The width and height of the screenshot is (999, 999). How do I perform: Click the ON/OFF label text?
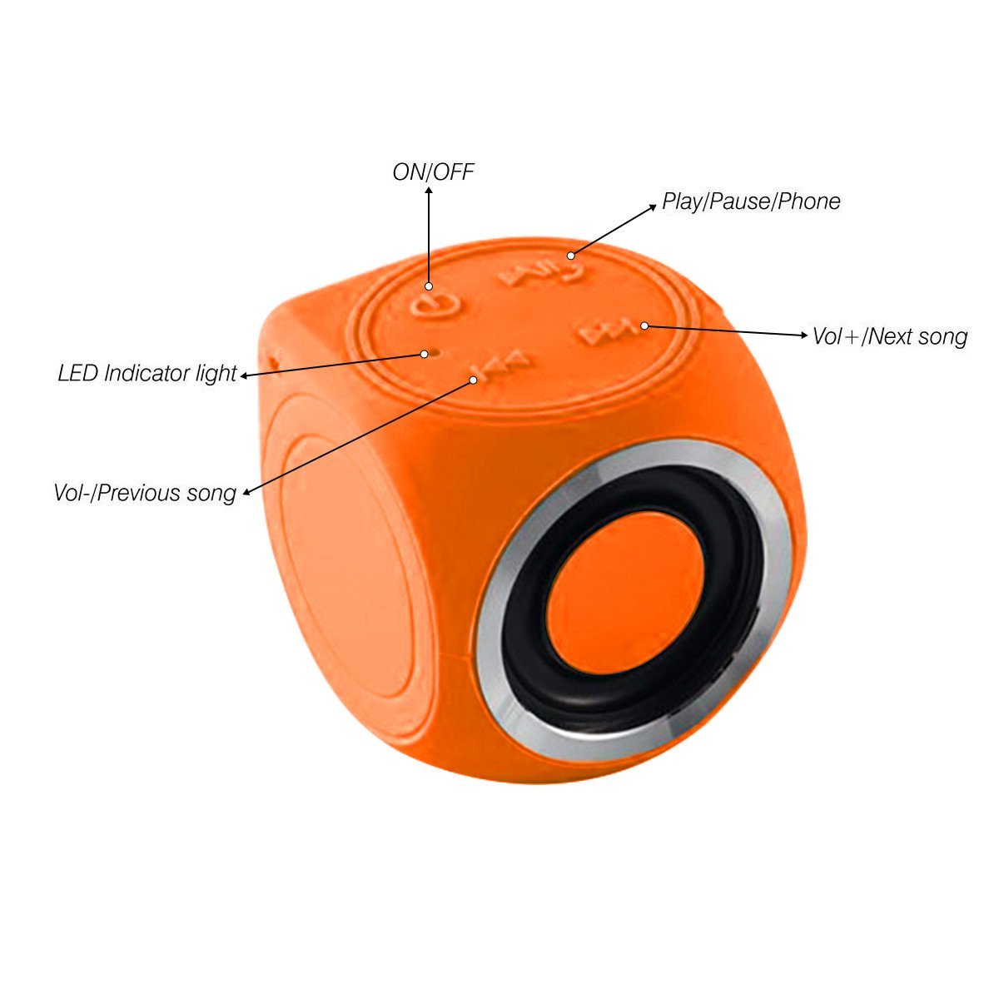(433, 172)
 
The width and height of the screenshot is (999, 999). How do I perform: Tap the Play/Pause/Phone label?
(751, 201)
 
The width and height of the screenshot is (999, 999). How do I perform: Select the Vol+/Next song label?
(890, 336)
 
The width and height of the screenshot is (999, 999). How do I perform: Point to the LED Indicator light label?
(147, 374)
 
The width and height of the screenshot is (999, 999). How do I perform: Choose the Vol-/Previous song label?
(145, 493)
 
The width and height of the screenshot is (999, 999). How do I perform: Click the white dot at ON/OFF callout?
(429, 286)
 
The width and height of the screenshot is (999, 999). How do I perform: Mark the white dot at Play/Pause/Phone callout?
(570, 256)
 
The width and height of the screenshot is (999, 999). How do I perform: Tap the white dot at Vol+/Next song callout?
(644, 326)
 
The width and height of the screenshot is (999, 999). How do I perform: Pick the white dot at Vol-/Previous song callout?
(473, 380)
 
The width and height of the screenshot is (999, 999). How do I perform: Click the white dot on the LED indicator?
(424, 354)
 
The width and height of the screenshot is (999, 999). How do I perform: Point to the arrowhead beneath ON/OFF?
(429, 191)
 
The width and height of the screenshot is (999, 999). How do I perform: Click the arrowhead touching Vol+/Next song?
(804, 335)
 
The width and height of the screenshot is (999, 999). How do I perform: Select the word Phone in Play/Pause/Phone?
(808, 201)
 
